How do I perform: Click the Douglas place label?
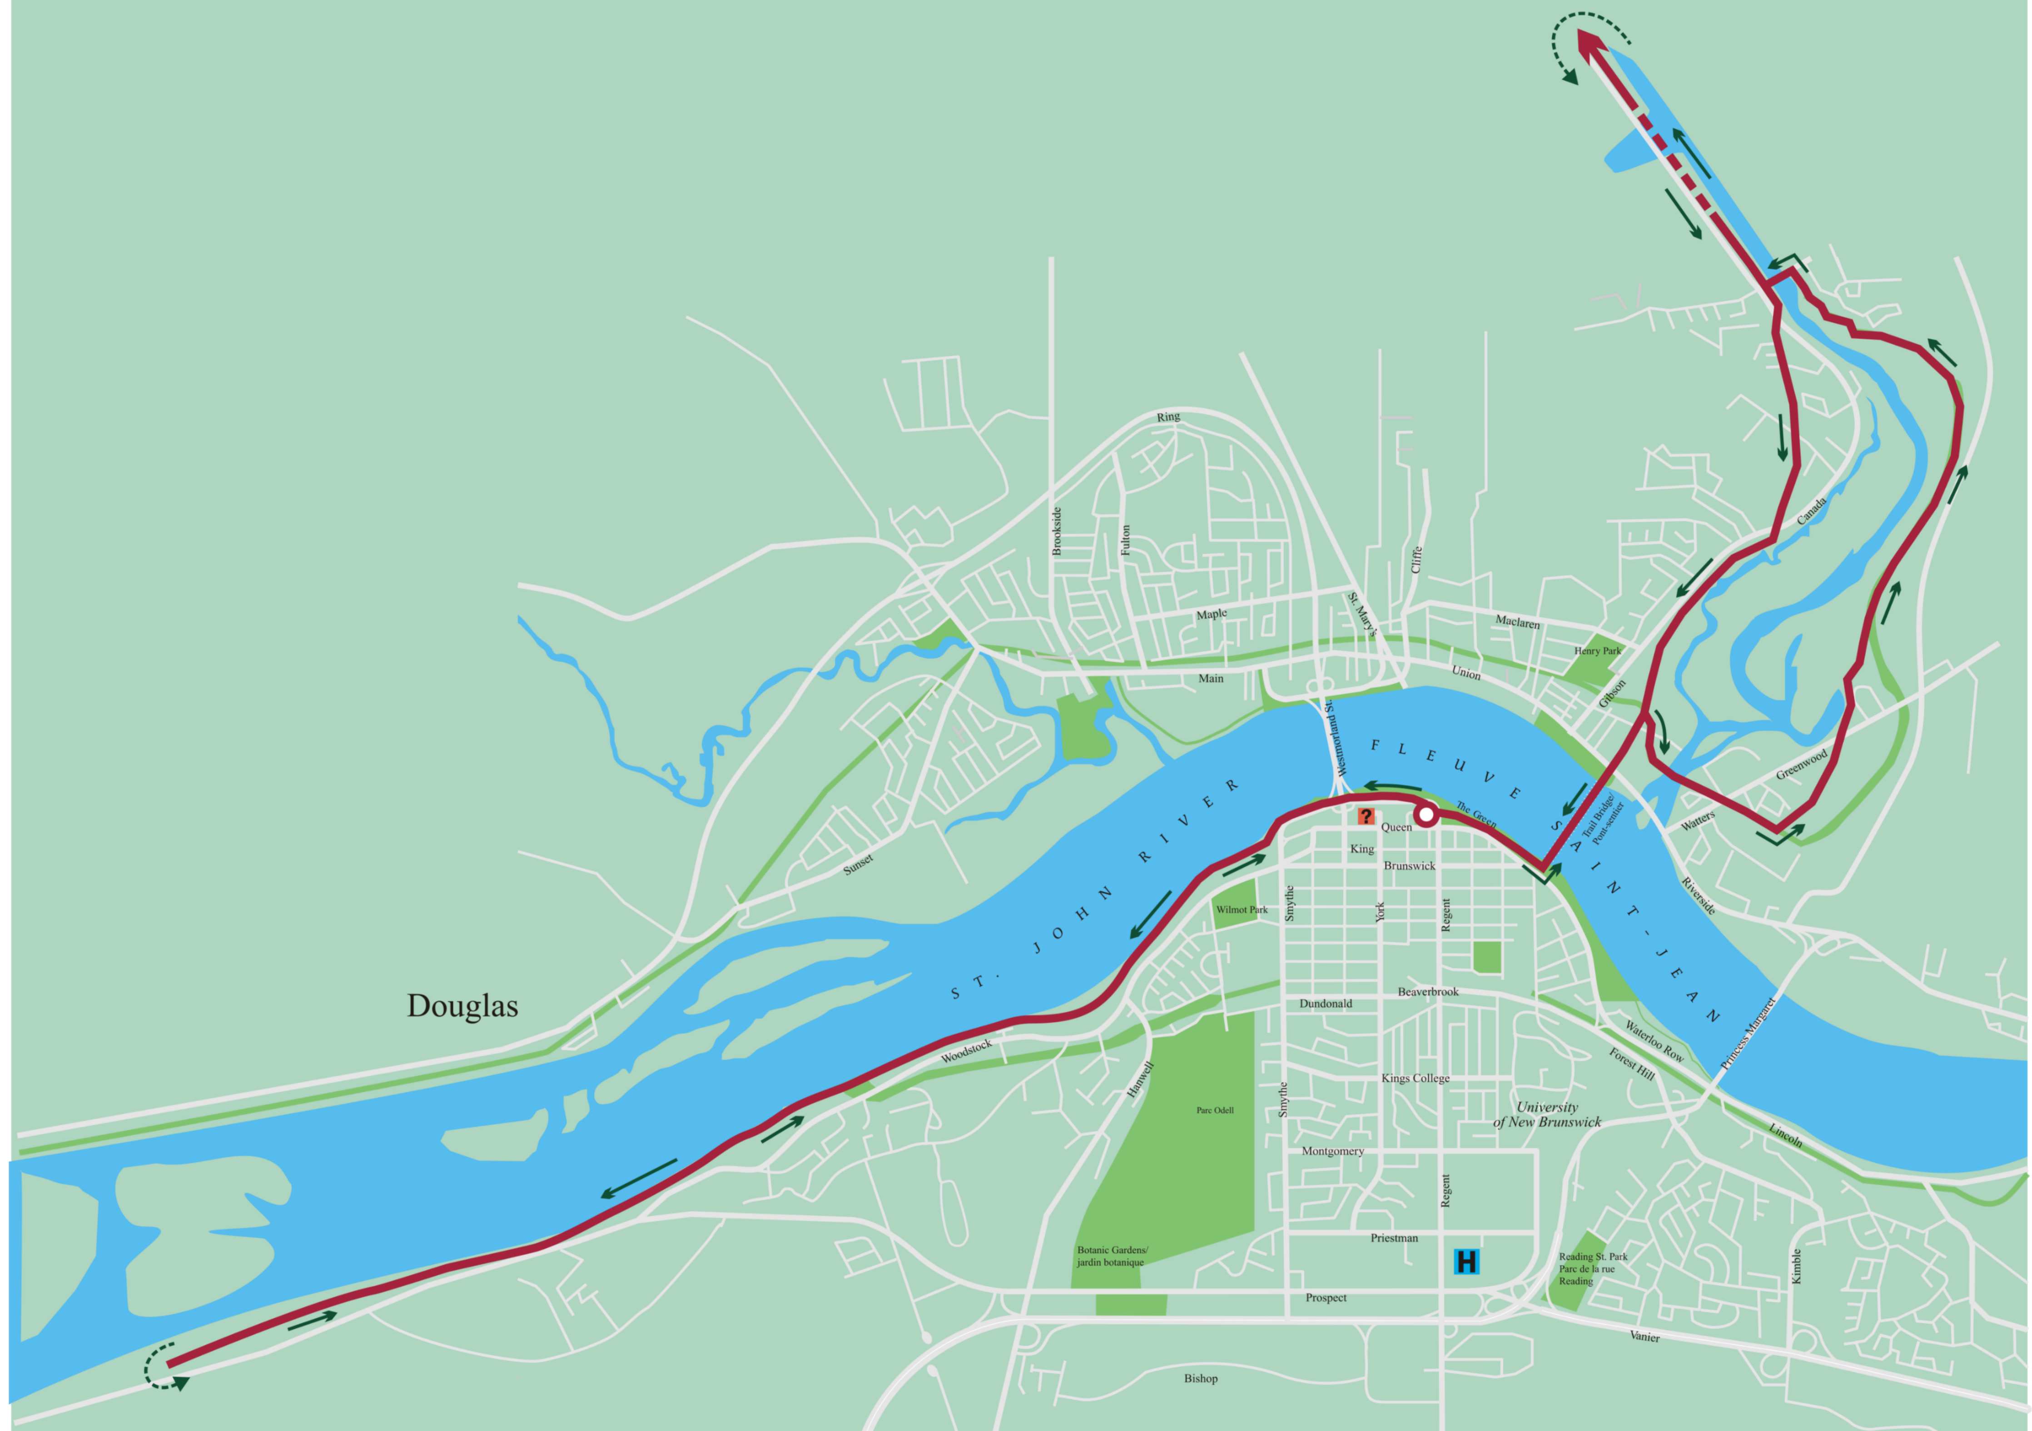(x=462, y=1006)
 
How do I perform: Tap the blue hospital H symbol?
(x=1466, y=1261)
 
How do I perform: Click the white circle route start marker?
(x=1426, y=815)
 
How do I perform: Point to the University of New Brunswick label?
(x=1547, y=1114)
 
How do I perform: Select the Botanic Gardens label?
(x=1112, y=1257)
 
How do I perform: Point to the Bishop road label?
(x=1201, y=1378)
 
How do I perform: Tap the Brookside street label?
(x=1057, y=531)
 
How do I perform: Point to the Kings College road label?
(x=1415, y=1078)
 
